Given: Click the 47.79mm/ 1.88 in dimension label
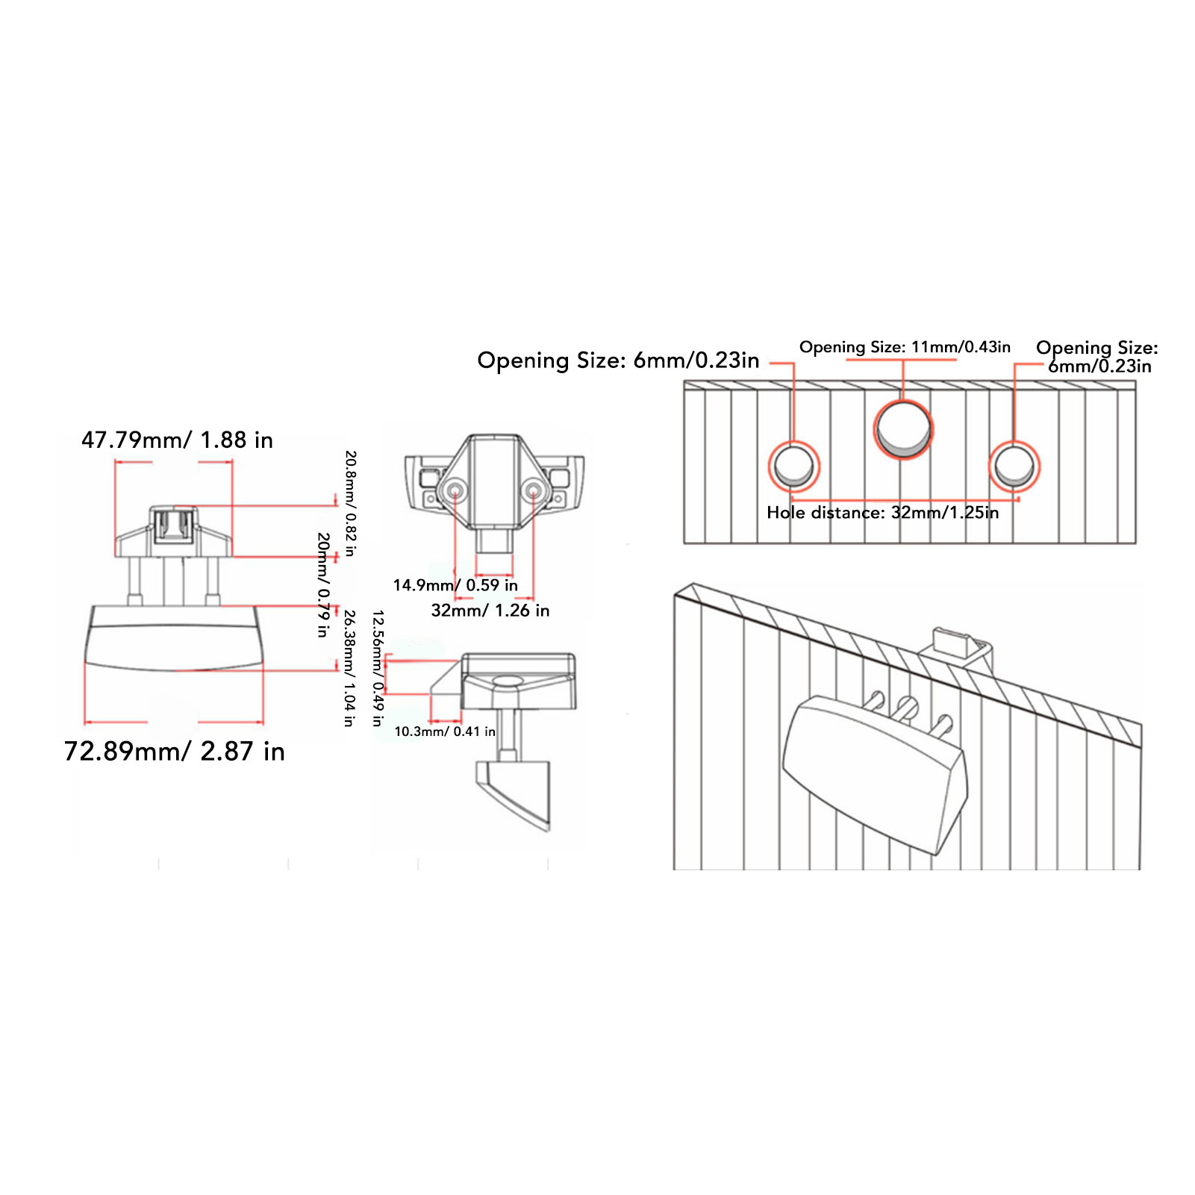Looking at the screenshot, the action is pos(177,440).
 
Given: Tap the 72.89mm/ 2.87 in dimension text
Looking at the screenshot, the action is pos(175,752).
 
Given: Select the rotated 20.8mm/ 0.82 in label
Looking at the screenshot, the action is pos(350,503).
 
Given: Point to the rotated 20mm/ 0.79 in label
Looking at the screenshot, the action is pos(323,584).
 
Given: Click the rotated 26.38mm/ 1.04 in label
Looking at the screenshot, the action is pos(349,668).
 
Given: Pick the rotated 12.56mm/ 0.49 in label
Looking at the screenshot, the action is pos(378,668).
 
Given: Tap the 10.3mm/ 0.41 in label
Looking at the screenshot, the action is pos(445,731).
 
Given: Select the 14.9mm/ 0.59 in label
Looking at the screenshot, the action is pos(455,585).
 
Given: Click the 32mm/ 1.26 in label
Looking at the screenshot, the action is pos(490,611).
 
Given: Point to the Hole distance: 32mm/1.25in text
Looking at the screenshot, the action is pos(882,513).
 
